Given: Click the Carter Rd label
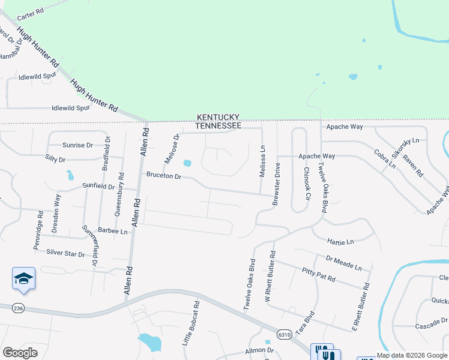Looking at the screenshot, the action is tap(31, 12).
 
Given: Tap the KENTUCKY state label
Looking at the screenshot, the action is tap(218, 118).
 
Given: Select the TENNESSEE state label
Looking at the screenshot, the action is tap(218, 126).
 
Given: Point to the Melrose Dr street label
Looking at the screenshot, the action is tap(172, 149).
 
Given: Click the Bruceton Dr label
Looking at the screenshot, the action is tap(163, 176).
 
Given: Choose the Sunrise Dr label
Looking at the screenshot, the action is tap(78, 145).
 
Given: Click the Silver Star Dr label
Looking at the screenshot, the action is tap(65, 253).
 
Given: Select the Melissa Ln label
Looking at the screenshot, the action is tap(262, 161).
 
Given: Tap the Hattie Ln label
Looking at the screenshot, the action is tap(341, 242).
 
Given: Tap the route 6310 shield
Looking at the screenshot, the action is tap(285, 334).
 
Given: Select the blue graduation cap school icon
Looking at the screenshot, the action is tap(23, 278).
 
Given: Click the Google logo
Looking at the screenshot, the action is tap(20, 353).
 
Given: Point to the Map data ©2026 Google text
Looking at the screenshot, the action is tap(412, 355).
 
